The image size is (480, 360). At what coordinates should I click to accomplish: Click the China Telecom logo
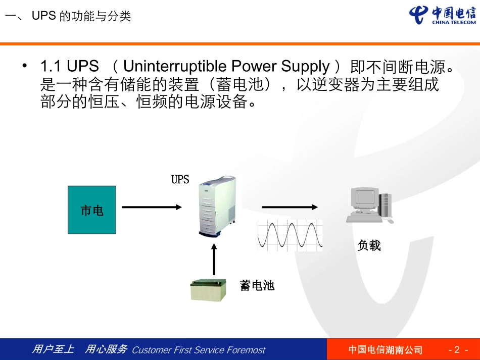[443, 16]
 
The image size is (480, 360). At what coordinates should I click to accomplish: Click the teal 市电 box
[92, 210]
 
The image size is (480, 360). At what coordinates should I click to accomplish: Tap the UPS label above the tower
[180, 180]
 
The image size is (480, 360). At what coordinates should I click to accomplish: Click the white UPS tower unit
[217, 207]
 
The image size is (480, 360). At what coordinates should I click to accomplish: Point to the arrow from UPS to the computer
[290, 207]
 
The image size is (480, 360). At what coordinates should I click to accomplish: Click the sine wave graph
[290, 235]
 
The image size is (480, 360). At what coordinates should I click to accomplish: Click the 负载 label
[369, 246]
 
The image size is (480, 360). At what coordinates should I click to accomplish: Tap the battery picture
[208, 290]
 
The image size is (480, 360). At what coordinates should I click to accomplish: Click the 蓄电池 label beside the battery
[257, 286]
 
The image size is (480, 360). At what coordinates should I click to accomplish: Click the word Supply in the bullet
[305, 67]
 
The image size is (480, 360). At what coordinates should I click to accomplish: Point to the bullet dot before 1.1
[24, 66]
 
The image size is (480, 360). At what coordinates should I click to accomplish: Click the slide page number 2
[457, 350]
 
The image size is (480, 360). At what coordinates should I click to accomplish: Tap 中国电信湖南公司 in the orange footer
[386, 350]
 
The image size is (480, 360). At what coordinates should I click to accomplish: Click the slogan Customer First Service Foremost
[198, 350]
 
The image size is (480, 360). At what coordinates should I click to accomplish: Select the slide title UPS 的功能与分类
[81, 17]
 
